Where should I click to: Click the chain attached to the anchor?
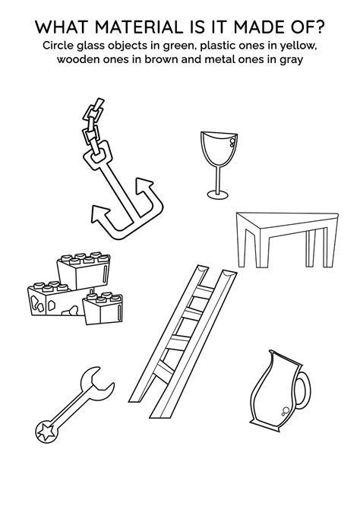[x=91, y=125]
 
